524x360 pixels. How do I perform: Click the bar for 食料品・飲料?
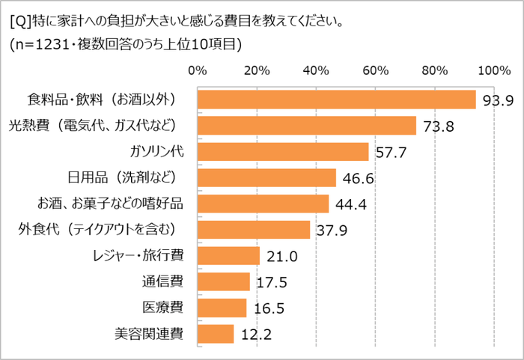(336, 100)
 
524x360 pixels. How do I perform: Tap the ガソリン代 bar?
(283, 152)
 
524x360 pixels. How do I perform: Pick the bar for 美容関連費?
(216, 333)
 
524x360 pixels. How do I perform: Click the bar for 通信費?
(223, 281)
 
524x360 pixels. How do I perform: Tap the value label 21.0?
(281, 257)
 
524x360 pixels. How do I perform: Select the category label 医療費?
(162, 307)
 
